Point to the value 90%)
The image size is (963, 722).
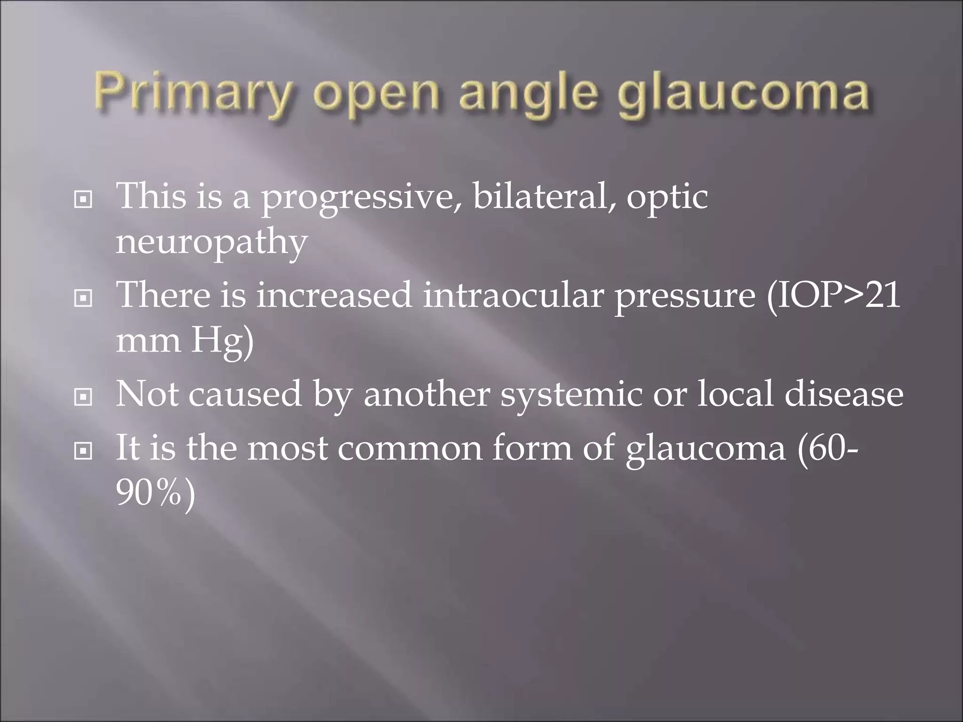coord(156,494)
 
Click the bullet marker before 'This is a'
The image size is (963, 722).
coord(83,200)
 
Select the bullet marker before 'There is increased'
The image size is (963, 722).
coord(83,298)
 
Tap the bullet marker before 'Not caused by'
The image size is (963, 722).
coord(83,398)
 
